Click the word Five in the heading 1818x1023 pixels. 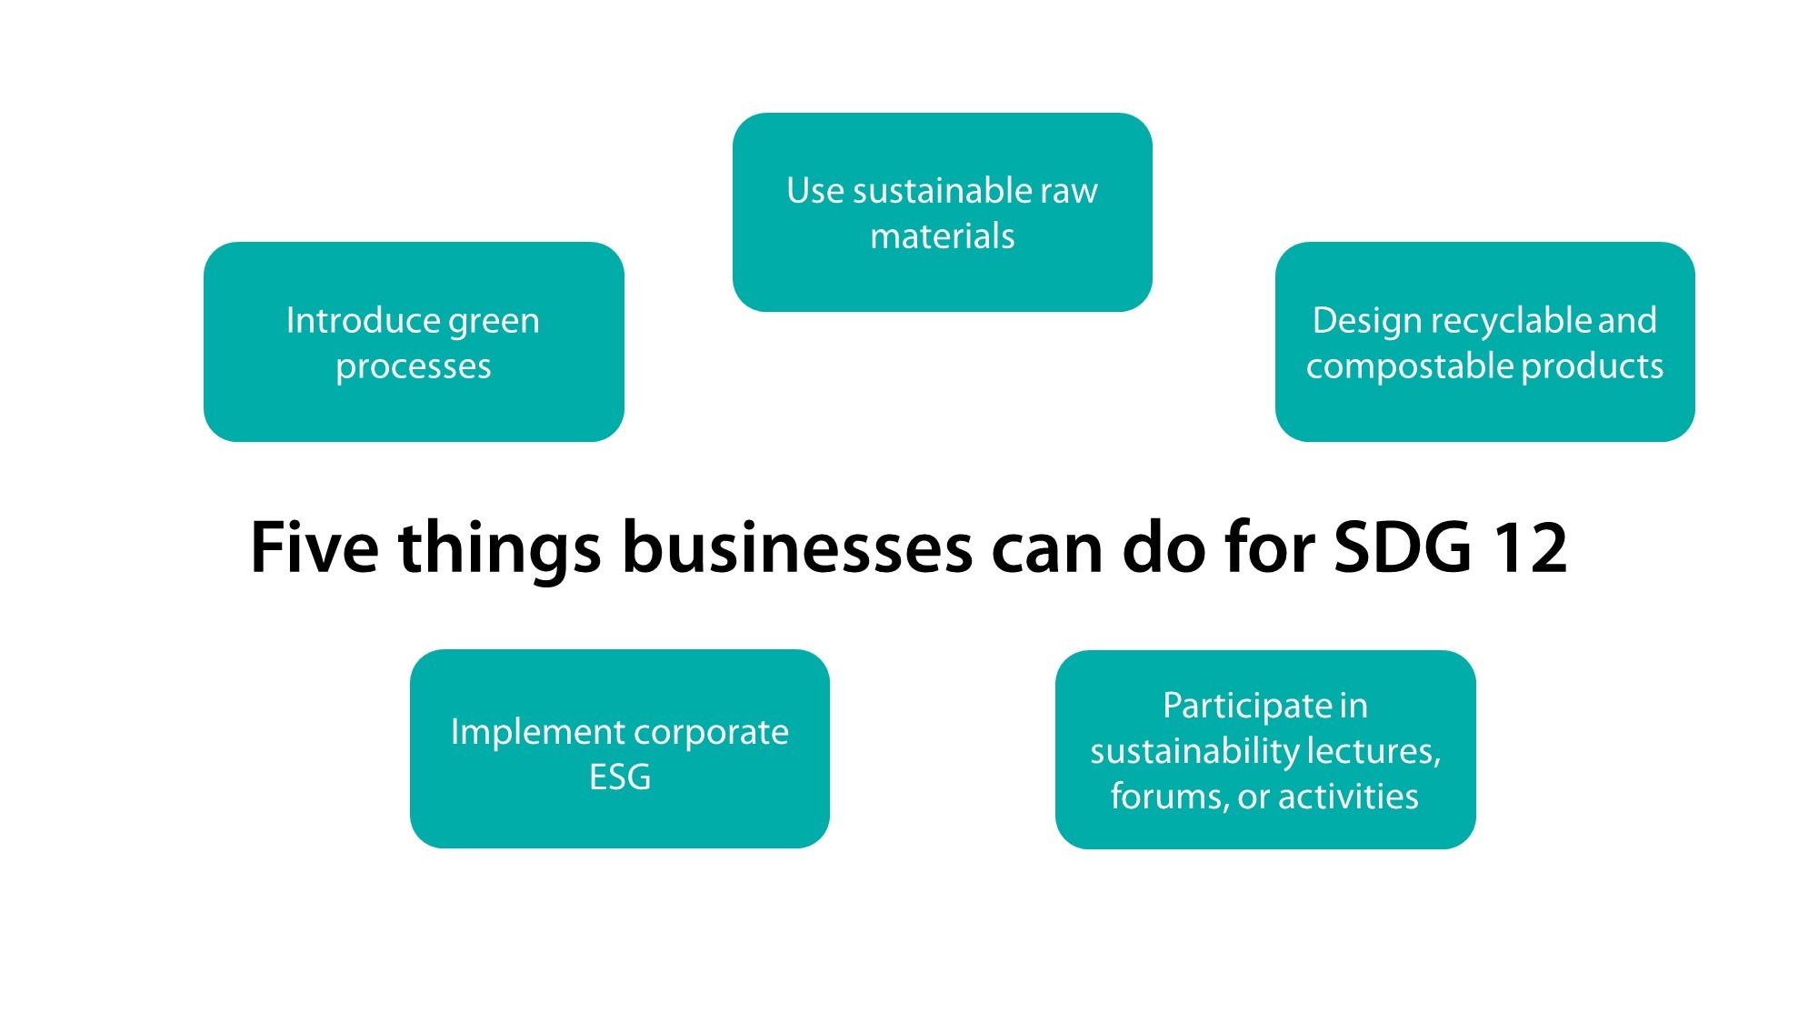point(314,547)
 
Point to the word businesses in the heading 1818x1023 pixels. point(797,547)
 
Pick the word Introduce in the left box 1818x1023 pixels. point(362,320)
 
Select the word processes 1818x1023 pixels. point(413,367)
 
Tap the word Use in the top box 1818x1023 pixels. point(814,191)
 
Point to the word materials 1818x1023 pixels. point(942,236)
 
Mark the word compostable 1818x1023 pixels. point(1409,367)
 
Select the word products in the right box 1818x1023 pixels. point(1593,367)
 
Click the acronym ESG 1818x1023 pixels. point(620,777)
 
